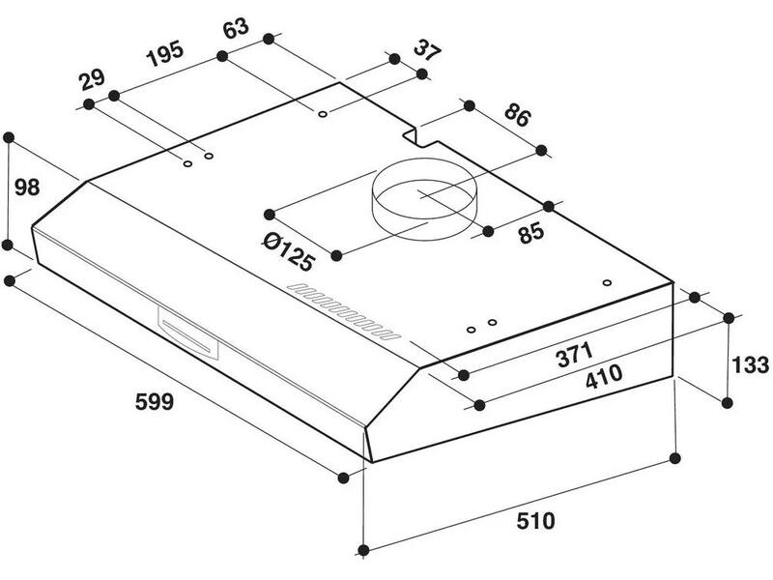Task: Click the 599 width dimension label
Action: (155, 401)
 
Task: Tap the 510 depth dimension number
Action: (535, 521)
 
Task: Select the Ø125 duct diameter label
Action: (288, 252)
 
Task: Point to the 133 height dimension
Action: (750, 365)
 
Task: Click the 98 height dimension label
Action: (27, 188)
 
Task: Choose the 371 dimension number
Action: (575, 355)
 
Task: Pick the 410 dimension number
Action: (604, 376)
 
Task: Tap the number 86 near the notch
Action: (518, 115)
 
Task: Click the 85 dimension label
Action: (531, 233)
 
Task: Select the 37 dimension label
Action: (427, 49)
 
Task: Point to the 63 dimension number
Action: (236, 28)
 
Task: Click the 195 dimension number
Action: (165, 53)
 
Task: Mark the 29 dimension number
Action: (92, 79)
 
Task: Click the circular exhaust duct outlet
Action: (424, 200)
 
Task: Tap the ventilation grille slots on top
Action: (344, 311)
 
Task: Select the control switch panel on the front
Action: (188, 334)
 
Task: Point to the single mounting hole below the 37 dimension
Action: (323, 114)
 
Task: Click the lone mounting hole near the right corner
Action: (608, 282)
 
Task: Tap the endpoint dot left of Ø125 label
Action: (270, 214)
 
